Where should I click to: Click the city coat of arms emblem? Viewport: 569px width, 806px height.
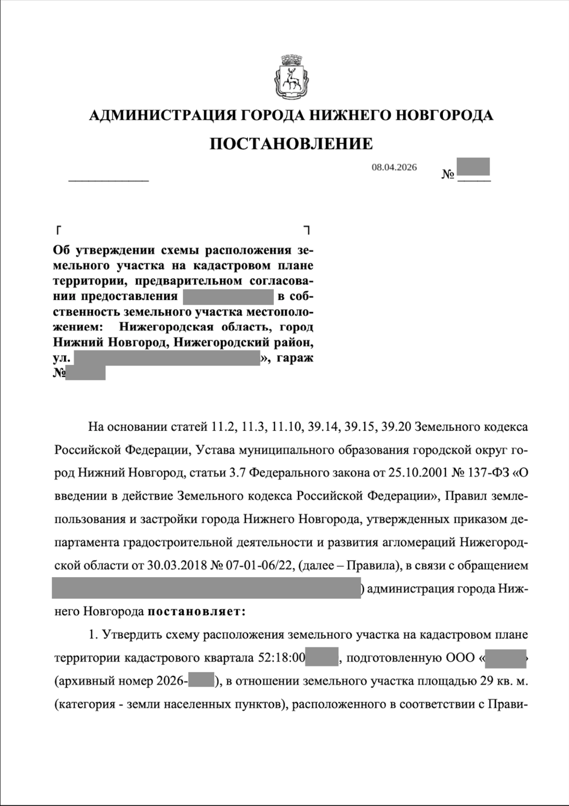[x=290, y=81]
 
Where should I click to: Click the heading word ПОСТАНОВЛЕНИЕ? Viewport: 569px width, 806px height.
[x=290, y=143]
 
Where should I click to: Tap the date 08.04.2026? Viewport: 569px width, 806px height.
[x=394, y=168]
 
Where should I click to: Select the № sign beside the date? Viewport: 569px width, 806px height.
[x=448, y=175]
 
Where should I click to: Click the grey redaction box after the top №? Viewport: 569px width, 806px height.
[x=473, y=167]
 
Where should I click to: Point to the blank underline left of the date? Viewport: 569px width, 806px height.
[x=108, y=179]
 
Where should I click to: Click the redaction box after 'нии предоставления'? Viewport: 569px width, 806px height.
[x=228, y=297]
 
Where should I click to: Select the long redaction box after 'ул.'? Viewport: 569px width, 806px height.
[x=166, y=358]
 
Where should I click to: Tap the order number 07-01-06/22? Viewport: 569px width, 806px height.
[x=260, y=566]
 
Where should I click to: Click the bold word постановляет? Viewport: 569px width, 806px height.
[x=196, y=611]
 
